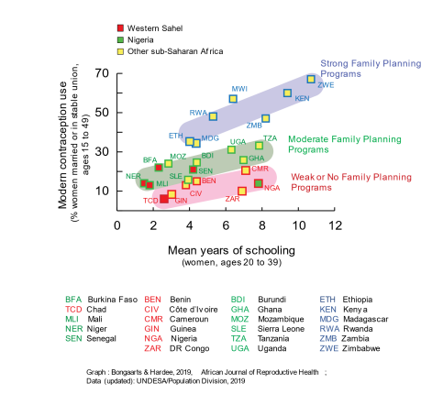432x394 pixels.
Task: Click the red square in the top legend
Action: coord(120,28)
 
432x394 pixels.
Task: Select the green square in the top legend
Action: coord(120,40)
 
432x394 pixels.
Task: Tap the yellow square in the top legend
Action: coord(120,51)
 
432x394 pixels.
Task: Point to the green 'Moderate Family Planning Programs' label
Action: coord(344,144)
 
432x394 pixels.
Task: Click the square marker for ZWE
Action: coord(311,80)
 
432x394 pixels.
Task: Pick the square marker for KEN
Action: coord(287,93)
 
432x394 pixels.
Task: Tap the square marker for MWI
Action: coord(233,99)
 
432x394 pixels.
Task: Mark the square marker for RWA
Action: coord(213,116)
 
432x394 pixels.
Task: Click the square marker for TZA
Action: coord(259,145)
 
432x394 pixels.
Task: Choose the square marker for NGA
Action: coord(259,183)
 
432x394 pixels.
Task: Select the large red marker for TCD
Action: coord(164,199)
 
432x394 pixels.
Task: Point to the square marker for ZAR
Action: coord(242,191)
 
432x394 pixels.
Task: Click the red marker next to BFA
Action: coord(158,167)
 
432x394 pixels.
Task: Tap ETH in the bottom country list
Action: coord(327,299)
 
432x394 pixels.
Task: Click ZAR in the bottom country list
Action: coord(153,348)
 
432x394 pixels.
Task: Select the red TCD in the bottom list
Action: coord(73,309)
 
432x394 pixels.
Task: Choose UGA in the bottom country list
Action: coord(239,348)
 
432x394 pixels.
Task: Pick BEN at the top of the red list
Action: coord(153,299)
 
